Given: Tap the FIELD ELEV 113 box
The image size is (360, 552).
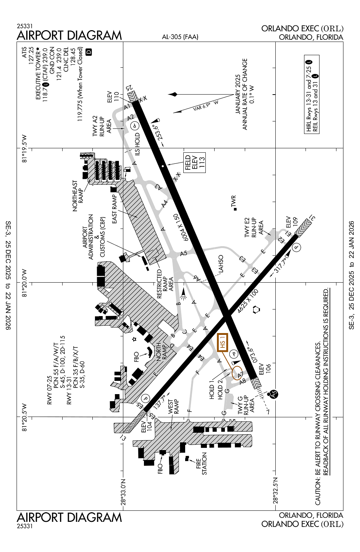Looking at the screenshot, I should tap(195, 163).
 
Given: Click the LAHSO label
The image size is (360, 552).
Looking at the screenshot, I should tap(221, 264).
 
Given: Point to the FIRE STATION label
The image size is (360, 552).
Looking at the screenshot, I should tap(201, 463).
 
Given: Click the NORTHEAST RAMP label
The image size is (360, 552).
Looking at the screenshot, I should tap(78, 196).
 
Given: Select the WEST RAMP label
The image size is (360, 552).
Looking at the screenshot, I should tap(173, 407).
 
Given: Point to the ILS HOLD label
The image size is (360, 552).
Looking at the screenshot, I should tap(137, 144).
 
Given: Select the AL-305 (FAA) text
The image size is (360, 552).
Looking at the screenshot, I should tap(180, 37).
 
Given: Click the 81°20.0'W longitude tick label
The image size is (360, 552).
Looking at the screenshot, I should tap(25, 283).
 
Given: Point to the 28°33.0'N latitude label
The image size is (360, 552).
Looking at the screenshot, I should tap(123, 492).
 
